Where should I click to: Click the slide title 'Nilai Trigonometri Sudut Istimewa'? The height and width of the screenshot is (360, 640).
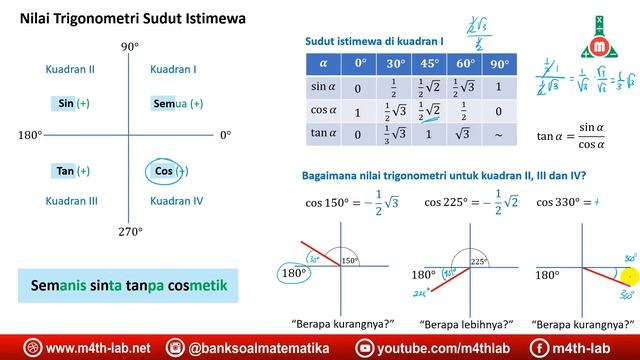(135, 20)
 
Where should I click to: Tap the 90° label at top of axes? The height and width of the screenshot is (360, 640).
(129, 47)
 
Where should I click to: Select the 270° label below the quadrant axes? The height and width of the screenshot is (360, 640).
(130, 231)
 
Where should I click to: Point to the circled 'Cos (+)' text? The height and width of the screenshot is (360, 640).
(170, 171)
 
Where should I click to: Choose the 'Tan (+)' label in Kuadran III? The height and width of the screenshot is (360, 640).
(73, 171)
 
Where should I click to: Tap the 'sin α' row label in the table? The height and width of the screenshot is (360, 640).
(321, 88)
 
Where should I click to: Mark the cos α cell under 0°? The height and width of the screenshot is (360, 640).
(359, 111)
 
